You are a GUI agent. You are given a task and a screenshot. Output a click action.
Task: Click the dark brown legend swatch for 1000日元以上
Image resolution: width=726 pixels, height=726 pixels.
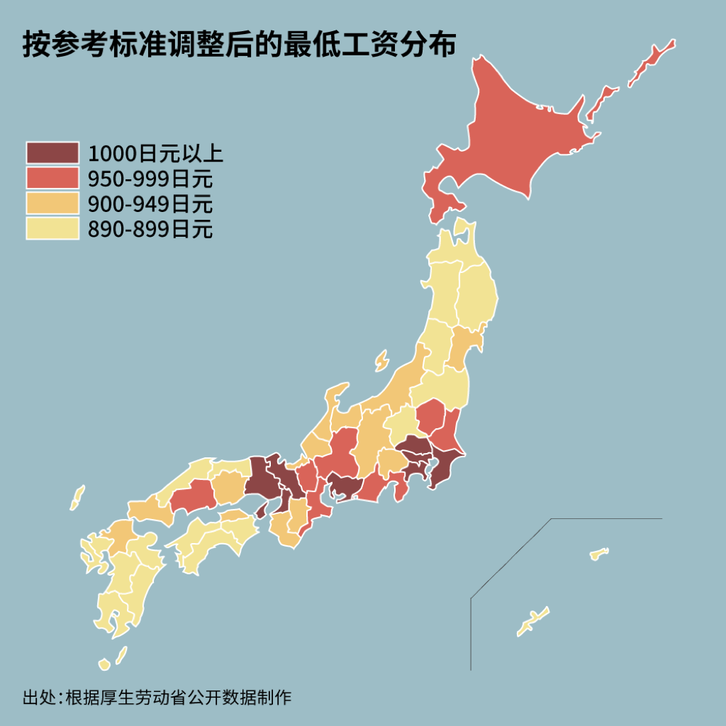(x=52, y=152)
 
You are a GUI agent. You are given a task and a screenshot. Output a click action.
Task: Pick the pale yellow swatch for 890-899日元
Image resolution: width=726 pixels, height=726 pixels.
(x=52, y=229)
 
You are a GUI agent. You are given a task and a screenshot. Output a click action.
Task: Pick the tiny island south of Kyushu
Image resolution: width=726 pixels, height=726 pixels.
(x=104, y=664)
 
